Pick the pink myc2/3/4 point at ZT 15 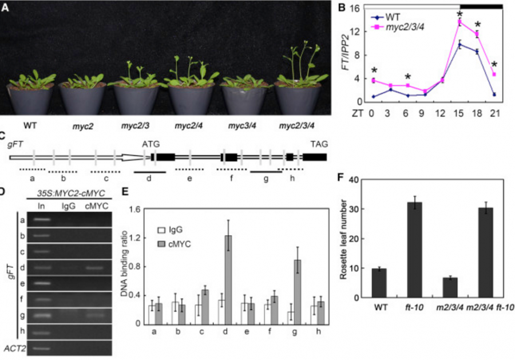point(459,22)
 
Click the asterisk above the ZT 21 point point(494,65)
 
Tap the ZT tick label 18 point(477,113)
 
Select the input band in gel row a point(41,219)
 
